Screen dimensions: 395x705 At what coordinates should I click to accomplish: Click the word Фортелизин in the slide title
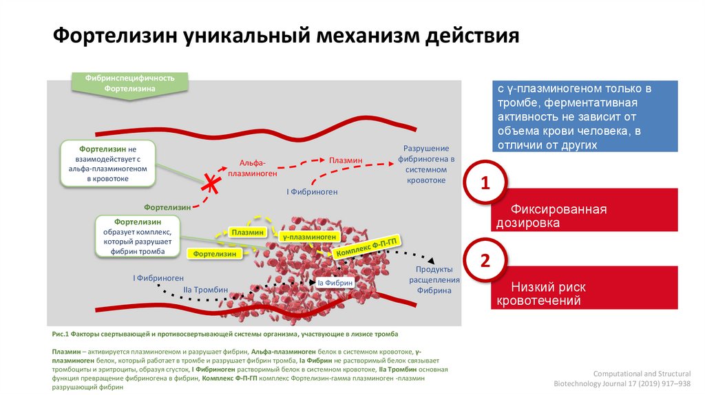[114, 36]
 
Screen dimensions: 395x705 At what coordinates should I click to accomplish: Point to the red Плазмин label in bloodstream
[345, 160]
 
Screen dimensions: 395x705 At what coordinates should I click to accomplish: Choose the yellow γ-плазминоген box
[309, 236]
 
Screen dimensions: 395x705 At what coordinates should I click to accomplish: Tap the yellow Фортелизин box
[215, 254]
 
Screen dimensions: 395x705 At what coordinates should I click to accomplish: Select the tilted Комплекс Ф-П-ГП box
[366, 246]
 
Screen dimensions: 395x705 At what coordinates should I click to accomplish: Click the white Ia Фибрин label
[335, 282]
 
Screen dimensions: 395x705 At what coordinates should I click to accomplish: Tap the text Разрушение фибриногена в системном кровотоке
[425, 164]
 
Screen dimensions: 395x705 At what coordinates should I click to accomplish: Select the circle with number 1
[485, 184]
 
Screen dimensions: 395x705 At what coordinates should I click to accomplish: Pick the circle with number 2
[485, 261]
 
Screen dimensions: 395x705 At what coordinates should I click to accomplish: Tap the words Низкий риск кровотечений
[544, 294]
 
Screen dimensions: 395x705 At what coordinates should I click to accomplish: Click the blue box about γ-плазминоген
[585, 116]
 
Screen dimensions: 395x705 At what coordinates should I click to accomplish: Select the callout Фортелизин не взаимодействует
[108, 163]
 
